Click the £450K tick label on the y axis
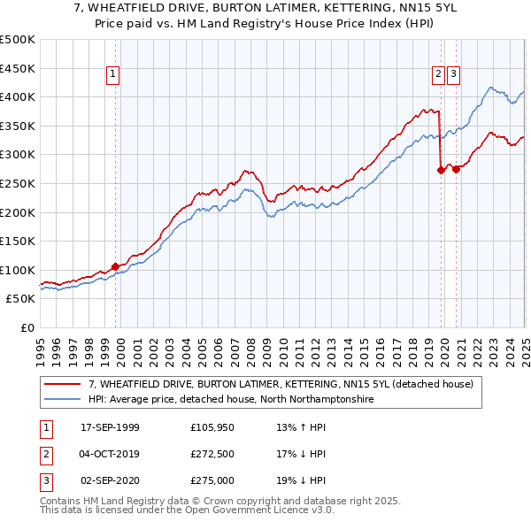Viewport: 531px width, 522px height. click(18, 68)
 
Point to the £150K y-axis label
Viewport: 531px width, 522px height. click(18, 241)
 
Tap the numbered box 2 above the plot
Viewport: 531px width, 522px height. click(438, 75)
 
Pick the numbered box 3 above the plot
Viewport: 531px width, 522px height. click(453, 75)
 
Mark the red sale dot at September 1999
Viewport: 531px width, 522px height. click(115, 266)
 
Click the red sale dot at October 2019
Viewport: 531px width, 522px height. click(440, 171)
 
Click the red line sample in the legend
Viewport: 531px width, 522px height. click(64, 385)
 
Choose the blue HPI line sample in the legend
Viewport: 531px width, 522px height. click(64, 399)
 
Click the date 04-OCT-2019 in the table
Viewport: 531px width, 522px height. click(111, 454)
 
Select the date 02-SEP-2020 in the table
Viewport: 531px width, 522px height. click(111, 480)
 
